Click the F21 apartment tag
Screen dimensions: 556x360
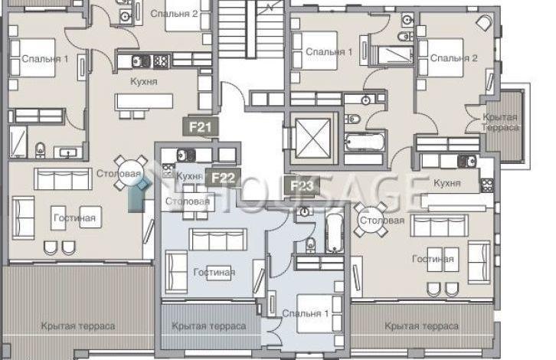201,126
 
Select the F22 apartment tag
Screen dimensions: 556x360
223,178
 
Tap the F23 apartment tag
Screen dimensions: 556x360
302,185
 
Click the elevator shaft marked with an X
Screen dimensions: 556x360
312,138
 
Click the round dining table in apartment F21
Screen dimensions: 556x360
130,173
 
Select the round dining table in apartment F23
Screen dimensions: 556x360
371,220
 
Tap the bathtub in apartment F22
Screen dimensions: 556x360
334,233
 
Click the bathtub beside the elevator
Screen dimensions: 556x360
365,142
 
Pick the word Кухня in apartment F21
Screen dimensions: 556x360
144,82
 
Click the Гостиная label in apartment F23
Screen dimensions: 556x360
433,259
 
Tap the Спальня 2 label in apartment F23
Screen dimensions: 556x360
453,57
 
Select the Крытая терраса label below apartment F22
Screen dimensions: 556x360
208,326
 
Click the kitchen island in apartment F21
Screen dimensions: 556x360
144,101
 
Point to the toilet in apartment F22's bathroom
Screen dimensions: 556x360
311,244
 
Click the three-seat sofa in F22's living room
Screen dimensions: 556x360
217,240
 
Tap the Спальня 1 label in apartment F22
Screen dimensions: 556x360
306,313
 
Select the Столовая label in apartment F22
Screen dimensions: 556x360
188,201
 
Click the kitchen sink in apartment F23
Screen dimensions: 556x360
467,162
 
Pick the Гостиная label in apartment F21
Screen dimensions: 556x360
74,218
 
